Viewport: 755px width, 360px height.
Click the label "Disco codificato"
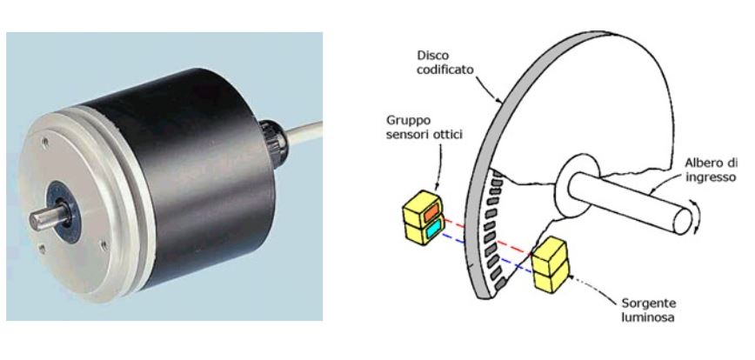(445, 63)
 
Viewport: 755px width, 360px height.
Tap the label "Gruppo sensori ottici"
(424, 127)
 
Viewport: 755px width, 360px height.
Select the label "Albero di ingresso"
(711, 170)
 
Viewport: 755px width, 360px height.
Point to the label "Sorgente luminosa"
(649, 310)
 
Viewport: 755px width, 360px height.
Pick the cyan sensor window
(433, 228)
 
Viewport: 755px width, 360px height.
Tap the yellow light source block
(550, 264)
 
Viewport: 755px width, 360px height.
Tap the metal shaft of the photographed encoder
(48, 218)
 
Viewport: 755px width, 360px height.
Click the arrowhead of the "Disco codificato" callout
(501, 101)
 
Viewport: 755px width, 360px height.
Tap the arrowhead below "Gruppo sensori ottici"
(438, 186)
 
